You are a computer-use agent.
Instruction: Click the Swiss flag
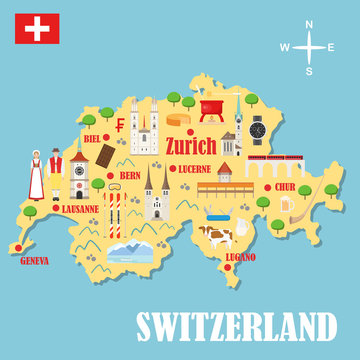coord(35,31)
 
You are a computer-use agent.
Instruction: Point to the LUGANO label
coord(240,257)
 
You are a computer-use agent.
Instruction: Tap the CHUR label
coord(285,186)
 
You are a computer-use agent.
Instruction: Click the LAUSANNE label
coord(79,209)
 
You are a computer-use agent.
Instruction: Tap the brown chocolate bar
coord(108,155)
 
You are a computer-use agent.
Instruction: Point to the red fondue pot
coord(214,107)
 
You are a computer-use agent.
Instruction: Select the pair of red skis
coord(116,210)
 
